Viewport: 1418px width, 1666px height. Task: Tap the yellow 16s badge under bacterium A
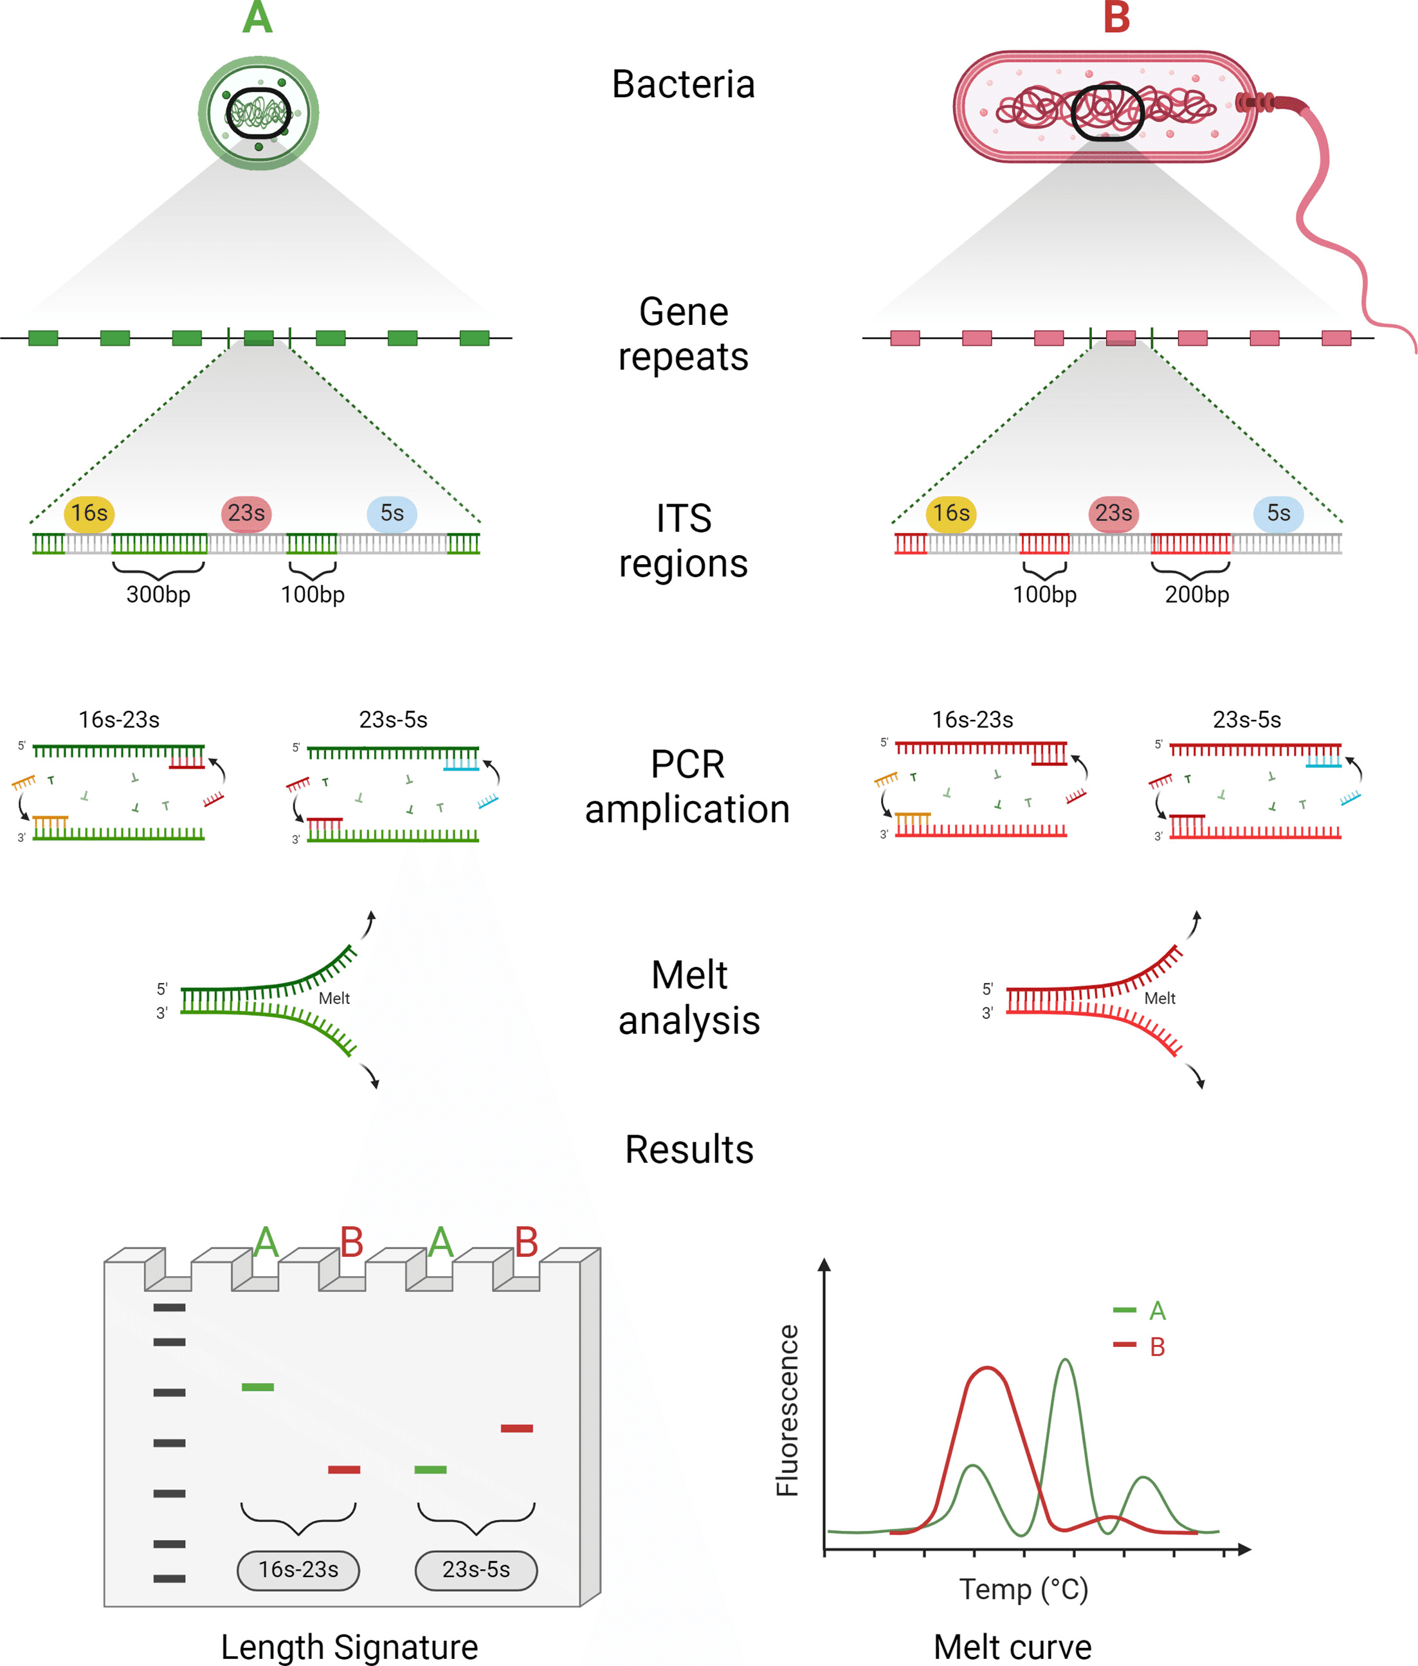pos(89,513)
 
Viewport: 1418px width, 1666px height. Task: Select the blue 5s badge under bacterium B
pos(1278,513)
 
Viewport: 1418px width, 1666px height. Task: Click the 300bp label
pos(158,594)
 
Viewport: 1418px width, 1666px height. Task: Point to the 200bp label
pos(1197,594)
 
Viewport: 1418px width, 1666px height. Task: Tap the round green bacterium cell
pos(258,113)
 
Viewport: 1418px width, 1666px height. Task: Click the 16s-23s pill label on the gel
pos(298,1569)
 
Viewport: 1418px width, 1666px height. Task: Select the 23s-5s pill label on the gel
pos(476,1569)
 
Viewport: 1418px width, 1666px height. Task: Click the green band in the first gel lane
pos(258,1387)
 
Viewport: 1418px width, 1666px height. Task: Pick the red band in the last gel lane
pos(517,1428)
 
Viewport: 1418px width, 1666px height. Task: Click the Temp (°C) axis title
pos(1023,1589)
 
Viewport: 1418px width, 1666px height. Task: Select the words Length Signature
pos(350,1647)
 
